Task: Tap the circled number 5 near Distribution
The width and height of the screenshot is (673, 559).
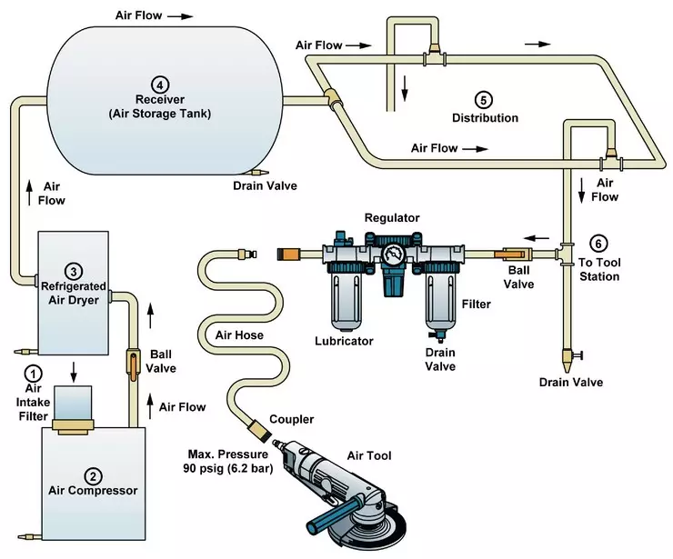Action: tap(483, 99)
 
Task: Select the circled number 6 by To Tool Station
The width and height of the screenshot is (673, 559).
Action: tap(598, 244)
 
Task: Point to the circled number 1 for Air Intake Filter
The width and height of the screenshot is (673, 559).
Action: tap(34, 373)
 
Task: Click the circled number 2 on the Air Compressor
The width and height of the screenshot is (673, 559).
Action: tap(92, 474)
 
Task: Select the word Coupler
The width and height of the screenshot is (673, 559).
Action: tap(292, 420)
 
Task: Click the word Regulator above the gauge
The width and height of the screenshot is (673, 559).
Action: tap(391, 218)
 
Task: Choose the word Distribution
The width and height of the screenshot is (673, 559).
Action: tap(485, 118)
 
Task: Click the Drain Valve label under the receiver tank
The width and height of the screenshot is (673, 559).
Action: tap(264, 186)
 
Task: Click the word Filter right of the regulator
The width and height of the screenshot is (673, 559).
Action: tap(475, 303)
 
